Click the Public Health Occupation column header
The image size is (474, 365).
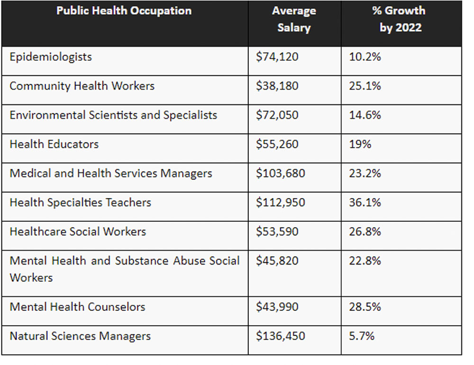(124, 11)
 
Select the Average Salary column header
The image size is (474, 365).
(294, 19)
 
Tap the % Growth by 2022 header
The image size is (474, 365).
(399, 19)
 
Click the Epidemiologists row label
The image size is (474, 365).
(51, 57)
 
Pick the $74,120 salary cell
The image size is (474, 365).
(277, 57)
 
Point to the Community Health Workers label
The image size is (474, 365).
(82, 86)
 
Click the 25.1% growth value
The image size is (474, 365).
(365, 86)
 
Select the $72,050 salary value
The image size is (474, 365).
(277, 115)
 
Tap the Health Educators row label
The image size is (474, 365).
(54, 144)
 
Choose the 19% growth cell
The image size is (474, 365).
(360, 144)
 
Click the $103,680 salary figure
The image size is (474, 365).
(281, 173)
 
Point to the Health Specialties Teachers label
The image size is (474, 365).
(80, 202)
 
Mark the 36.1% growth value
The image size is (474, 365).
(365, 202)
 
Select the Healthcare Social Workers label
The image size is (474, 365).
(78, 232)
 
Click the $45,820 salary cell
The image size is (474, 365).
(277, 261)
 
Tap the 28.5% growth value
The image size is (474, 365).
(365, 307)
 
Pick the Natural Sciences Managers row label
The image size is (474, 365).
(80, 336)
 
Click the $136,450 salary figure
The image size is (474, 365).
(281, 336)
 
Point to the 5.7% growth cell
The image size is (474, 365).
(362, 336)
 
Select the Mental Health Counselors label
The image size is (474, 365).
(77, 307)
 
